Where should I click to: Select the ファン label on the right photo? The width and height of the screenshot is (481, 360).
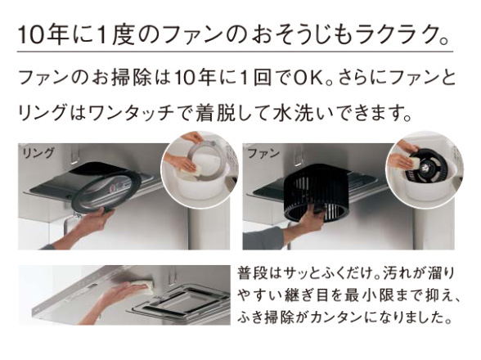[263, 153]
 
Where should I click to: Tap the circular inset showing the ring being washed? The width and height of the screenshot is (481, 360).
[196, 168]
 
